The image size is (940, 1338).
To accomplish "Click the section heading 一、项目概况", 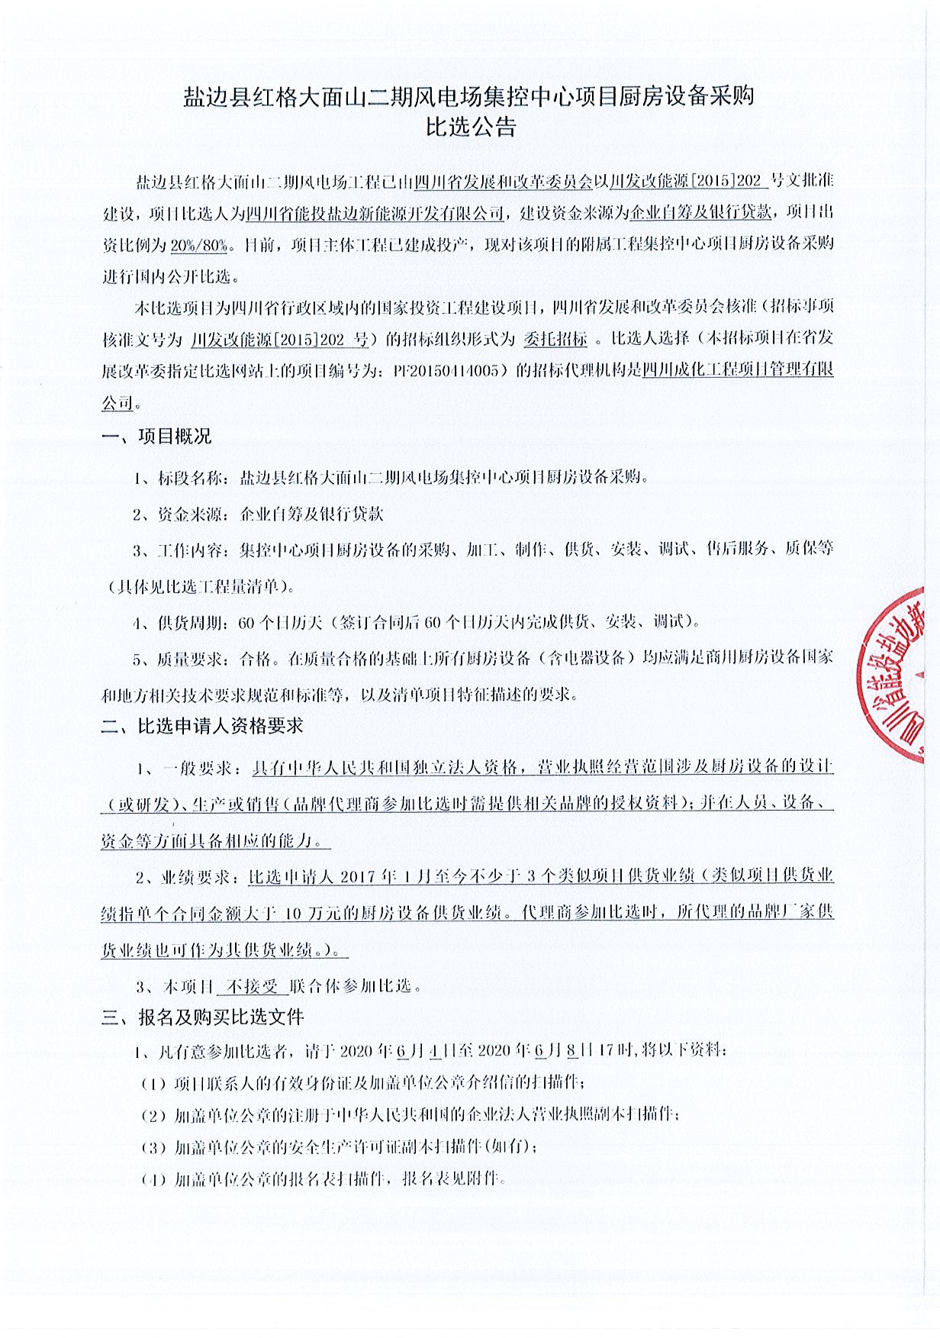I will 156,437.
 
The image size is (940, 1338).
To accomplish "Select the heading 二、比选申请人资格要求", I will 202,725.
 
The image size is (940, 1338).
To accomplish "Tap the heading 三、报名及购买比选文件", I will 202,1017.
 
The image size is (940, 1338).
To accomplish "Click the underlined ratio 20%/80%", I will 199,245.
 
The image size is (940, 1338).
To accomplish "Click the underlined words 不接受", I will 253,985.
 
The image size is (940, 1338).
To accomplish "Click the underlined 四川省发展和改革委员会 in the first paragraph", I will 504,182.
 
